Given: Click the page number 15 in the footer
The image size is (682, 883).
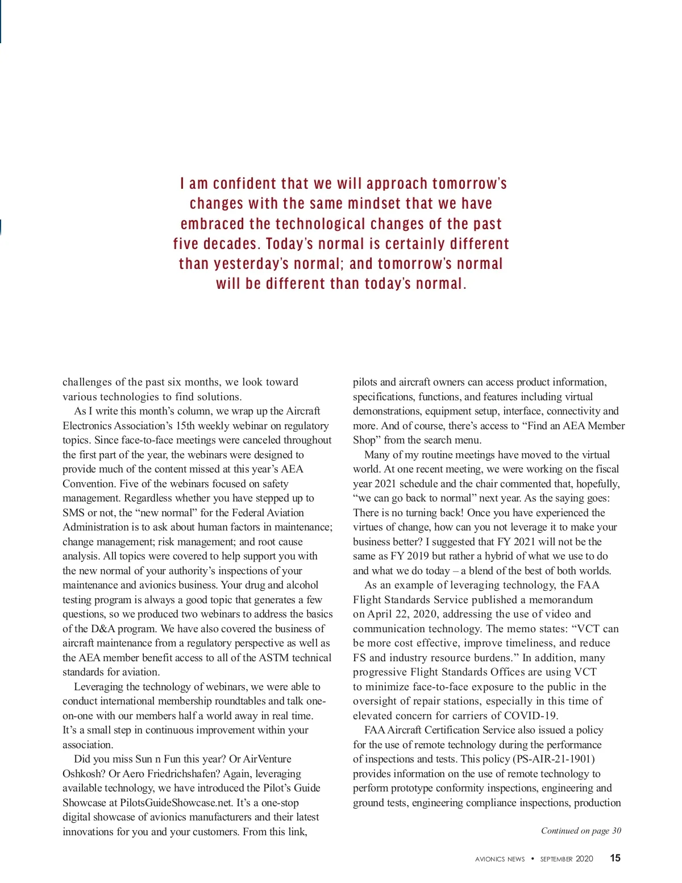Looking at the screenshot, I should [615, 858].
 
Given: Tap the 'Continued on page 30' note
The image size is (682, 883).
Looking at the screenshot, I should [581, 831].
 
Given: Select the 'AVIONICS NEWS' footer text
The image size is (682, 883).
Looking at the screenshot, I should [500, 859].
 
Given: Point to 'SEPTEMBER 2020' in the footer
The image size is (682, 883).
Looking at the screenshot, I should [566, 859].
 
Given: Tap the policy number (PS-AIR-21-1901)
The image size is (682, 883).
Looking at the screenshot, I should [554, 759].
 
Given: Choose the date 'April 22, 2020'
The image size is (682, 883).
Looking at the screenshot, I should [402, 614].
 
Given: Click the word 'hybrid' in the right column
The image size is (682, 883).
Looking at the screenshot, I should [499, 556].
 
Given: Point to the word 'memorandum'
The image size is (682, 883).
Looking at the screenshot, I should [560, 600].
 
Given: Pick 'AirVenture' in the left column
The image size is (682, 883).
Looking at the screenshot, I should [267, 759].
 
